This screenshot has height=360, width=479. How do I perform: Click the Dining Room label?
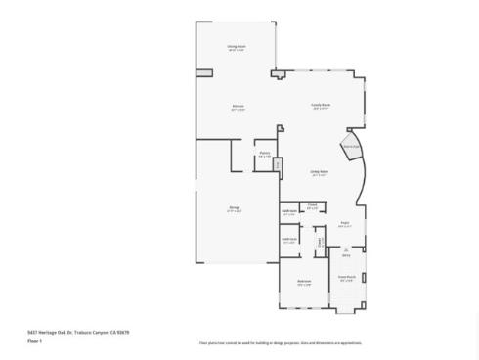(x=236, y=46)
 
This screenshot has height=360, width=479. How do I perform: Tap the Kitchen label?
(x=238, y=106)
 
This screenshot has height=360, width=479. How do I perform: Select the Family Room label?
(x=320, y=106)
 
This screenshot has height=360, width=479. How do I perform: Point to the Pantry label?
(x=264, y=153)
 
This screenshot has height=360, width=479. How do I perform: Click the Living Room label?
(x=320, y=170)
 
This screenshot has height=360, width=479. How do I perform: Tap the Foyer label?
(x=344, y=223)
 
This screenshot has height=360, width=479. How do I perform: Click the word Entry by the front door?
(x=346, y=256)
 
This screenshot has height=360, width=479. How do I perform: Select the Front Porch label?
(x=346, y=278)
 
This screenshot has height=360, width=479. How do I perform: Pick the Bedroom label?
(x=304, y=282)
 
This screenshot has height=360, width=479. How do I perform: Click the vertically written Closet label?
(x=320, y=241)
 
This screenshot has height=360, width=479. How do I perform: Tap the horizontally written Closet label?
(x=313, y=205)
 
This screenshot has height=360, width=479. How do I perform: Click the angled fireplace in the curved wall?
(x=350, y=148)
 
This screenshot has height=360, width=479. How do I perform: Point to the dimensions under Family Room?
(x=320, y=110)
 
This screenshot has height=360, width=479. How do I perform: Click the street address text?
(x=77, y=332)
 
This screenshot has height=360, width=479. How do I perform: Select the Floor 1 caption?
(x=33, y=342)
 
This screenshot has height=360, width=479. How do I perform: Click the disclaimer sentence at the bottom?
(x=281, y=343)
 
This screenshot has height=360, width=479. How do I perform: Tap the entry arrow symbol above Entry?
(x=346, y=250)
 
